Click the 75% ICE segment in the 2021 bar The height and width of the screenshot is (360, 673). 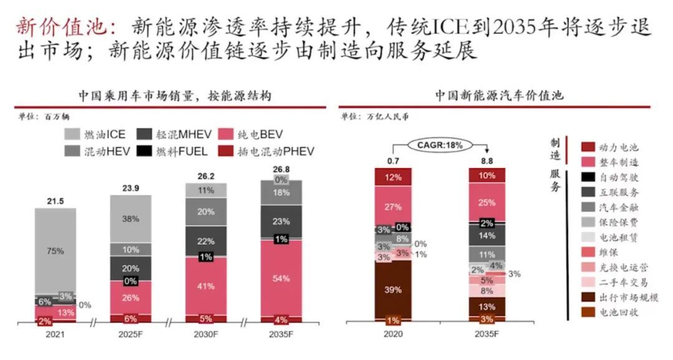pyautogui.click(x=55, y=250)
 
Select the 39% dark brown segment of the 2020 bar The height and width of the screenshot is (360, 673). pyautogui.click(x=393, y=290)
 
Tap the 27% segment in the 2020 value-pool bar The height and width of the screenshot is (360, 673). pyautogui.click(x=393, y=206)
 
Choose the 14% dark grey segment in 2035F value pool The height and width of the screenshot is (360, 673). pyautogui.click(x=487, y=236)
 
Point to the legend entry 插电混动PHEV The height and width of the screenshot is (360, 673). pyautogui.click(x=267, y=151)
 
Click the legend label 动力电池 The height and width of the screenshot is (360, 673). pyautogui.click(x=618, y=148)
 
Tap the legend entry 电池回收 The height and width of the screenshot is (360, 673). pyautogui.click(x=618, y=312)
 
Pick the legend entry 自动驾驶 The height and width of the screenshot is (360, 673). pyautogui.click(x=618, y=178)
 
